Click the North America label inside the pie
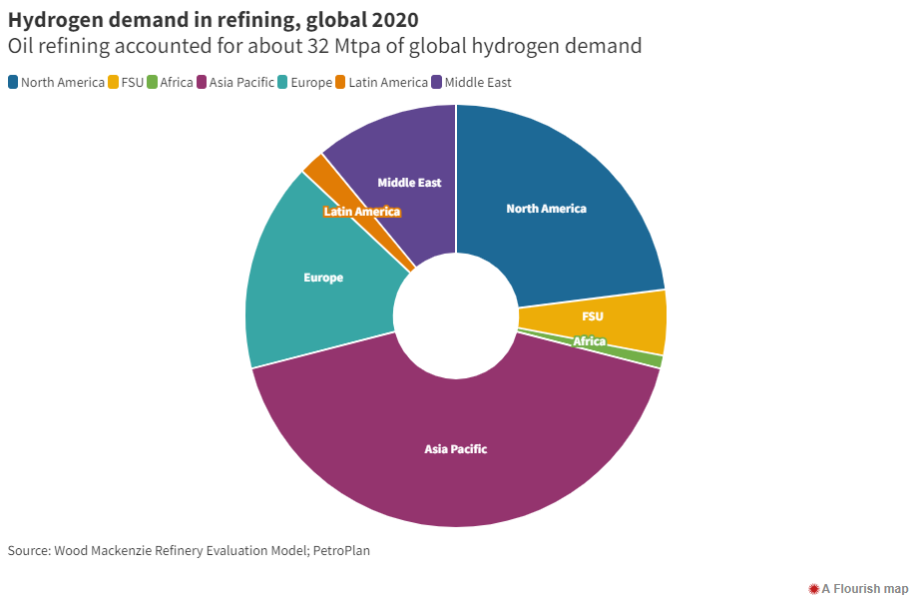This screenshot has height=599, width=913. pyautogui.click(x=546, y=209)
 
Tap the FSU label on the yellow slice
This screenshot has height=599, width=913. pyautogui.click(x=593, y=316)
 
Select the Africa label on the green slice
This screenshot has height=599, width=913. pyautogui.click(x=589, y=341)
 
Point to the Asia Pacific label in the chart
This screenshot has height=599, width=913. pyautogui.click(x=456, y=449)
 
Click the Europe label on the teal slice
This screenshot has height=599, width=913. pyautogui.click(x=323, y=278)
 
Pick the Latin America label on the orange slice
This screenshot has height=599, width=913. pyautogui.click(x=362, y=212)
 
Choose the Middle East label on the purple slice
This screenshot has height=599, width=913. pyautogui.click(x=409, y=183)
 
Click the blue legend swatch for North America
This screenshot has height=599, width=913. pyautogui.click(x=13, y=83)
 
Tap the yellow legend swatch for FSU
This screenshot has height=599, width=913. pyautogui.click(x=114, y=83)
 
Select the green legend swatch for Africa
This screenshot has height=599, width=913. pyautogui.click(x=153, y=83)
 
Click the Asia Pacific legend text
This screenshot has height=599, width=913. pyautogui.click(x=241, y=83)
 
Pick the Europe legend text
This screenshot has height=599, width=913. pyautogui.click(x=312, y=83)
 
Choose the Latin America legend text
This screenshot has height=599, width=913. pyautogui.click(x=389, y=83)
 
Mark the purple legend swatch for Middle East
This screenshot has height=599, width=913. pyautogui.click(x=437, y=83)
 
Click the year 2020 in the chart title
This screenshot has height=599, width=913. pyautogui.click(x=393, y=20)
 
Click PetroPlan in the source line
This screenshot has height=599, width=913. pyautogui.click(x=339, y=550)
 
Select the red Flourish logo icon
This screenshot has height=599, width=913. pyautogui.click(x=814, y=588)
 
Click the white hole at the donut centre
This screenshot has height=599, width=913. pyautogui.click(x=456, y=316)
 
